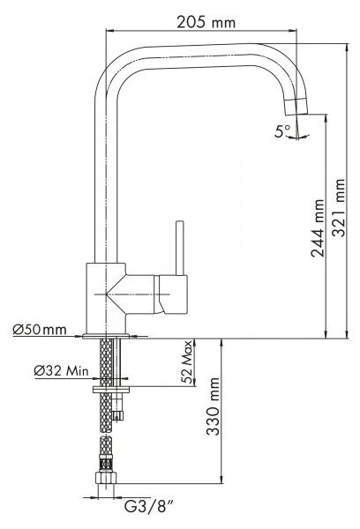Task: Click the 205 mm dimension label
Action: click(206, 23)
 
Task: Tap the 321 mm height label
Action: click(338, 208)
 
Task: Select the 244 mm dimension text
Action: click(318, 228)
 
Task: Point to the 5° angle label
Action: click(282, 131)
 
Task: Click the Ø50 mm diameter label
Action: click(40, 329)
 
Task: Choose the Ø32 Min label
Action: click(61, 371)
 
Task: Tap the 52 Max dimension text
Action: click(187, 362)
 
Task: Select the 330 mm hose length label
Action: click(213, 406)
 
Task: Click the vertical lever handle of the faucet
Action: click(180, 248)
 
